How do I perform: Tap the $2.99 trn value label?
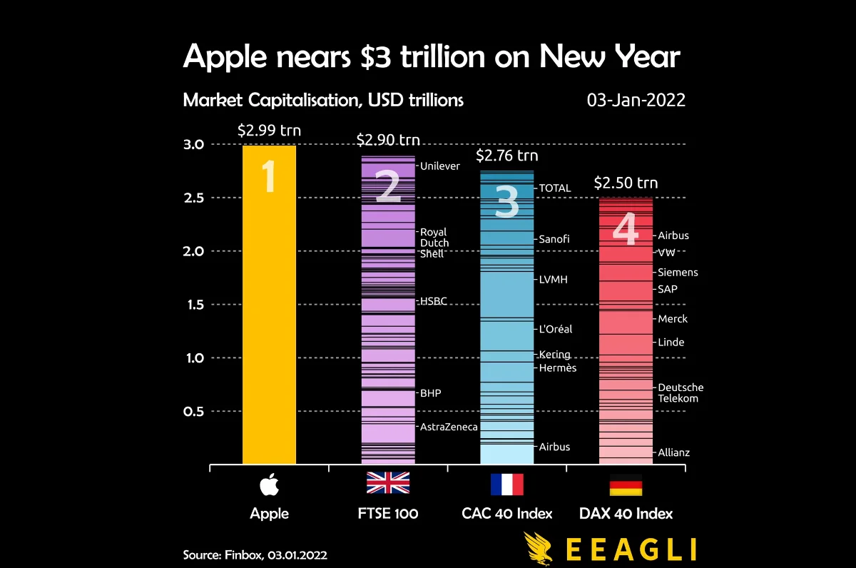click(x=269, y=130)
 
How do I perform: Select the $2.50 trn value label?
click(x=626, y=183)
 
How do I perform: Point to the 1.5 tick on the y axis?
click(x=194, y=305)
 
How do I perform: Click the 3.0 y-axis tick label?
click(x=194, y=144)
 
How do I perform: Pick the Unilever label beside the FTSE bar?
click(x=440, y=166)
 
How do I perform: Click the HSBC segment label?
click(x=434, y=301)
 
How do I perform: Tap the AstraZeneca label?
click(x=449, y=427)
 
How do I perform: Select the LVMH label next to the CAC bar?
click(x=554, y=280)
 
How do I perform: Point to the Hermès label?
click(x=558, y=368)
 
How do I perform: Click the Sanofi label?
click(x=554, y=239)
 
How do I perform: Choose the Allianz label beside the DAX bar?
click(x=674, y=452)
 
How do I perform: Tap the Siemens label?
click(x=678, y=273)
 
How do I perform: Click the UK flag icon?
click(x=388, y=484)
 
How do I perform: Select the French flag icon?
click(x=506, y=484)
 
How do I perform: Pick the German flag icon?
click(x=626, y=484)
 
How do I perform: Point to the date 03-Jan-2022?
click(x=636, y=100)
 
